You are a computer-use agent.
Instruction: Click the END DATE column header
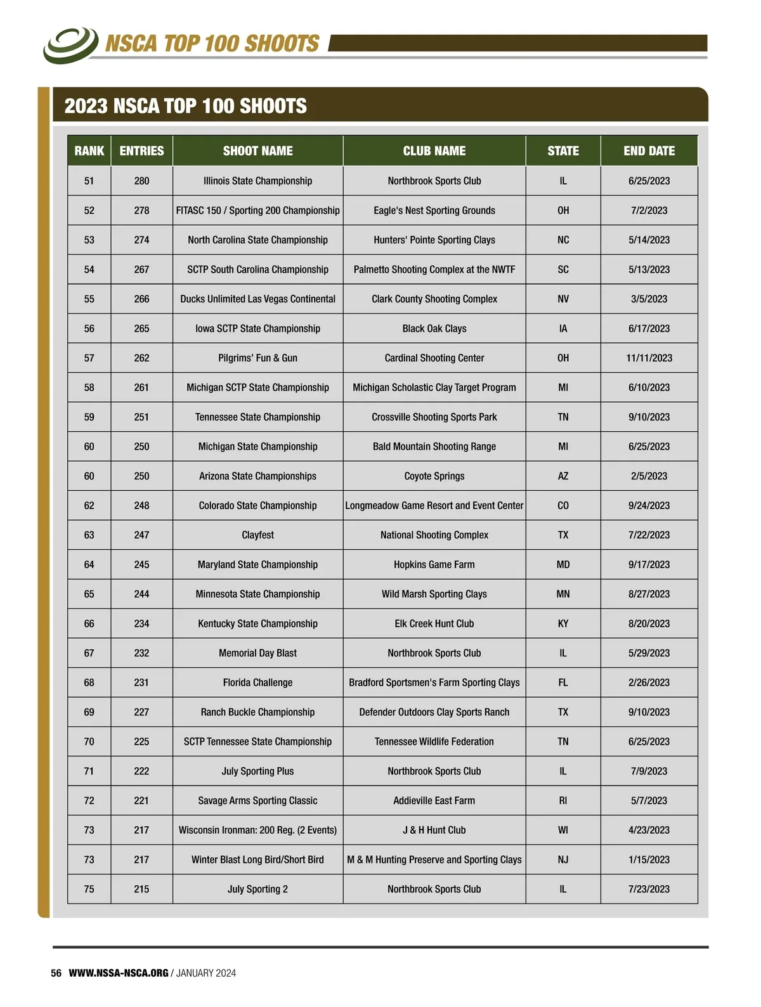[x=649, y=151]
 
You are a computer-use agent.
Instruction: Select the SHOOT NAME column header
[x=257, y=151]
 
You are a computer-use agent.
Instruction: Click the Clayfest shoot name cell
[x=257, y=535]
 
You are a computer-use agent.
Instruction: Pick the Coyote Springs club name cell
[x=434, y=476]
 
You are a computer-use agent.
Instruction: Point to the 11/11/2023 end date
[x=649, y=358]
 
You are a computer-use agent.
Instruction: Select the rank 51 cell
[x=89, y=181]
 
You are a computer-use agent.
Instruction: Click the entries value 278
[x=141, y=211]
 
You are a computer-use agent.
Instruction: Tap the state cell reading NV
[x=563, y=299]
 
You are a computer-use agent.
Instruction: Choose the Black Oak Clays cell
[x=434, y=328]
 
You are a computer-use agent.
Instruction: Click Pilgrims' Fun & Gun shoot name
[x=257, y=358]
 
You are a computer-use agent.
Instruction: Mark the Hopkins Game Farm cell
[x=434, y=564]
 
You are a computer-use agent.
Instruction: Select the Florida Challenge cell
[x=257, y=683]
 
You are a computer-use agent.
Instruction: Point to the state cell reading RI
[x=563, y=801]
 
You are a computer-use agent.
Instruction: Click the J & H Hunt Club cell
[x=434, y=830]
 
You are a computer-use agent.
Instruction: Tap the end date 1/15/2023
[x=649, y=860]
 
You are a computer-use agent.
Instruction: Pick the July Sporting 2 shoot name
[x=257, y=889]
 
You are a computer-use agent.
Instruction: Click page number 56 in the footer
[x=56, y=973]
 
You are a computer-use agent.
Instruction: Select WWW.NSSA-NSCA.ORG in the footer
[x=119, y=973]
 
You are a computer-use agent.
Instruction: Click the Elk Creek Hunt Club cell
[x=434, y=624]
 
